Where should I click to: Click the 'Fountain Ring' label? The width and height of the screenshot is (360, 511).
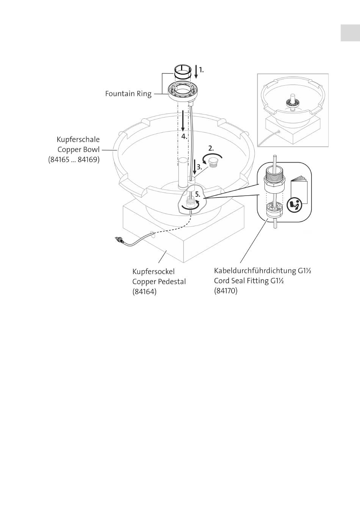128,94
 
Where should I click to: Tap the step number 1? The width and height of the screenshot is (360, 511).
201,70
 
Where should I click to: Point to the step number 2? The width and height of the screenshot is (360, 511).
211,148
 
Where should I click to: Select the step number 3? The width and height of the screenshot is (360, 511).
199,167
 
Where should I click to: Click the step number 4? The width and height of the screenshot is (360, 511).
184,136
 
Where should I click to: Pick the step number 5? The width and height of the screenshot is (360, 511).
198,194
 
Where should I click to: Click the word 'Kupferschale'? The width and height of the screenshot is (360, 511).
78,140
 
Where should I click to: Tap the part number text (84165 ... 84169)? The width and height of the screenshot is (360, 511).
74,160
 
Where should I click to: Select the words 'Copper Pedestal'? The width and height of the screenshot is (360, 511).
159,282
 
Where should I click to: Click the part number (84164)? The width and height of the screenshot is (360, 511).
144,292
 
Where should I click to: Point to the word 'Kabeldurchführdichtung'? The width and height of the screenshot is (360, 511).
255,271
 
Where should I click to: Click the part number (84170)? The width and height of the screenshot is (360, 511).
226,291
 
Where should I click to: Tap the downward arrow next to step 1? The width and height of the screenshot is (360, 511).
196,72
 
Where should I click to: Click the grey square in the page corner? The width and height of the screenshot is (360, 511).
351,33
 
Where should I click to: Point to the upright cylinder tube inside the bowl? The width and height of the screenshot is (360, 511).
183,173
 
